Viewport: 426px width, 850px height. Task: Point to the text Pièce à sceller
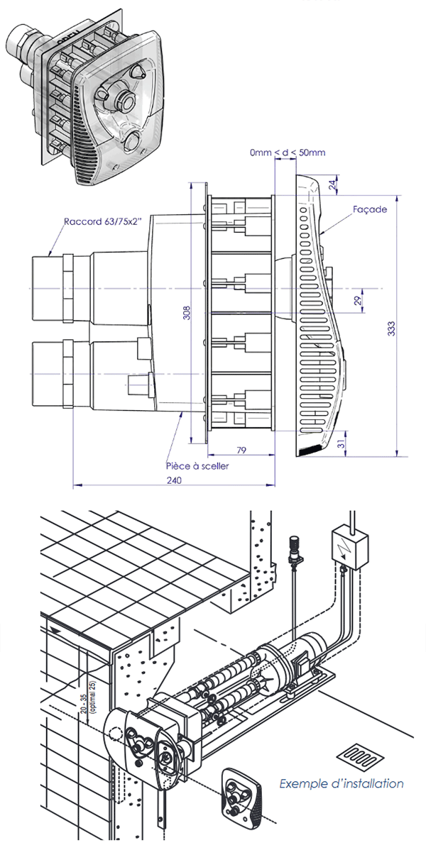197,466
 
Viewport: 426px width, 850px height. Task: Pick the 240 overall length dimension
174,480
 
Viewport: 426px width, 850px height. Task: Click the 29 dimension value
357,301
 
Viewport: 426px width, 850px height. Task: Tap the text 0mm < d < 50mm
288,153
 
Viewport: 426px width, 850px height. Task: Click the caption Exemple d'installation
342,784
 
